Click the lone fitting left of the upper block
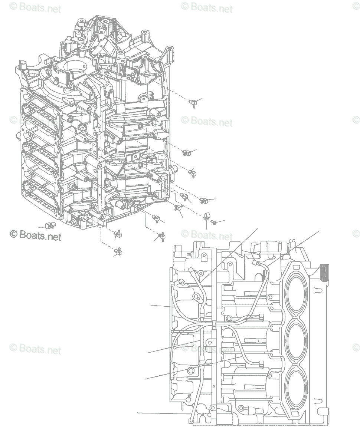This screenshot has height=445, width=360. point(49,224)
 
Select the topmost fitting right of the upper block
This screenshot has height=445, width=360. point(193,103)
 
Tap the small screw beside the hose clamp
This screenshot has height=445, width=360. point(214,222)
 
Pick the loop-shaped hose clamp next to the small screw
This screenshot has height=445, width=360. point(207,216)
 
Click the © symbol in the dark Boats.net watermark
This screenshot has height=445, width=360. point(13,234)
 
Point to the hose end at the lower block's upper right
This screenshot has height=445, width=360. point(255,263)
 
